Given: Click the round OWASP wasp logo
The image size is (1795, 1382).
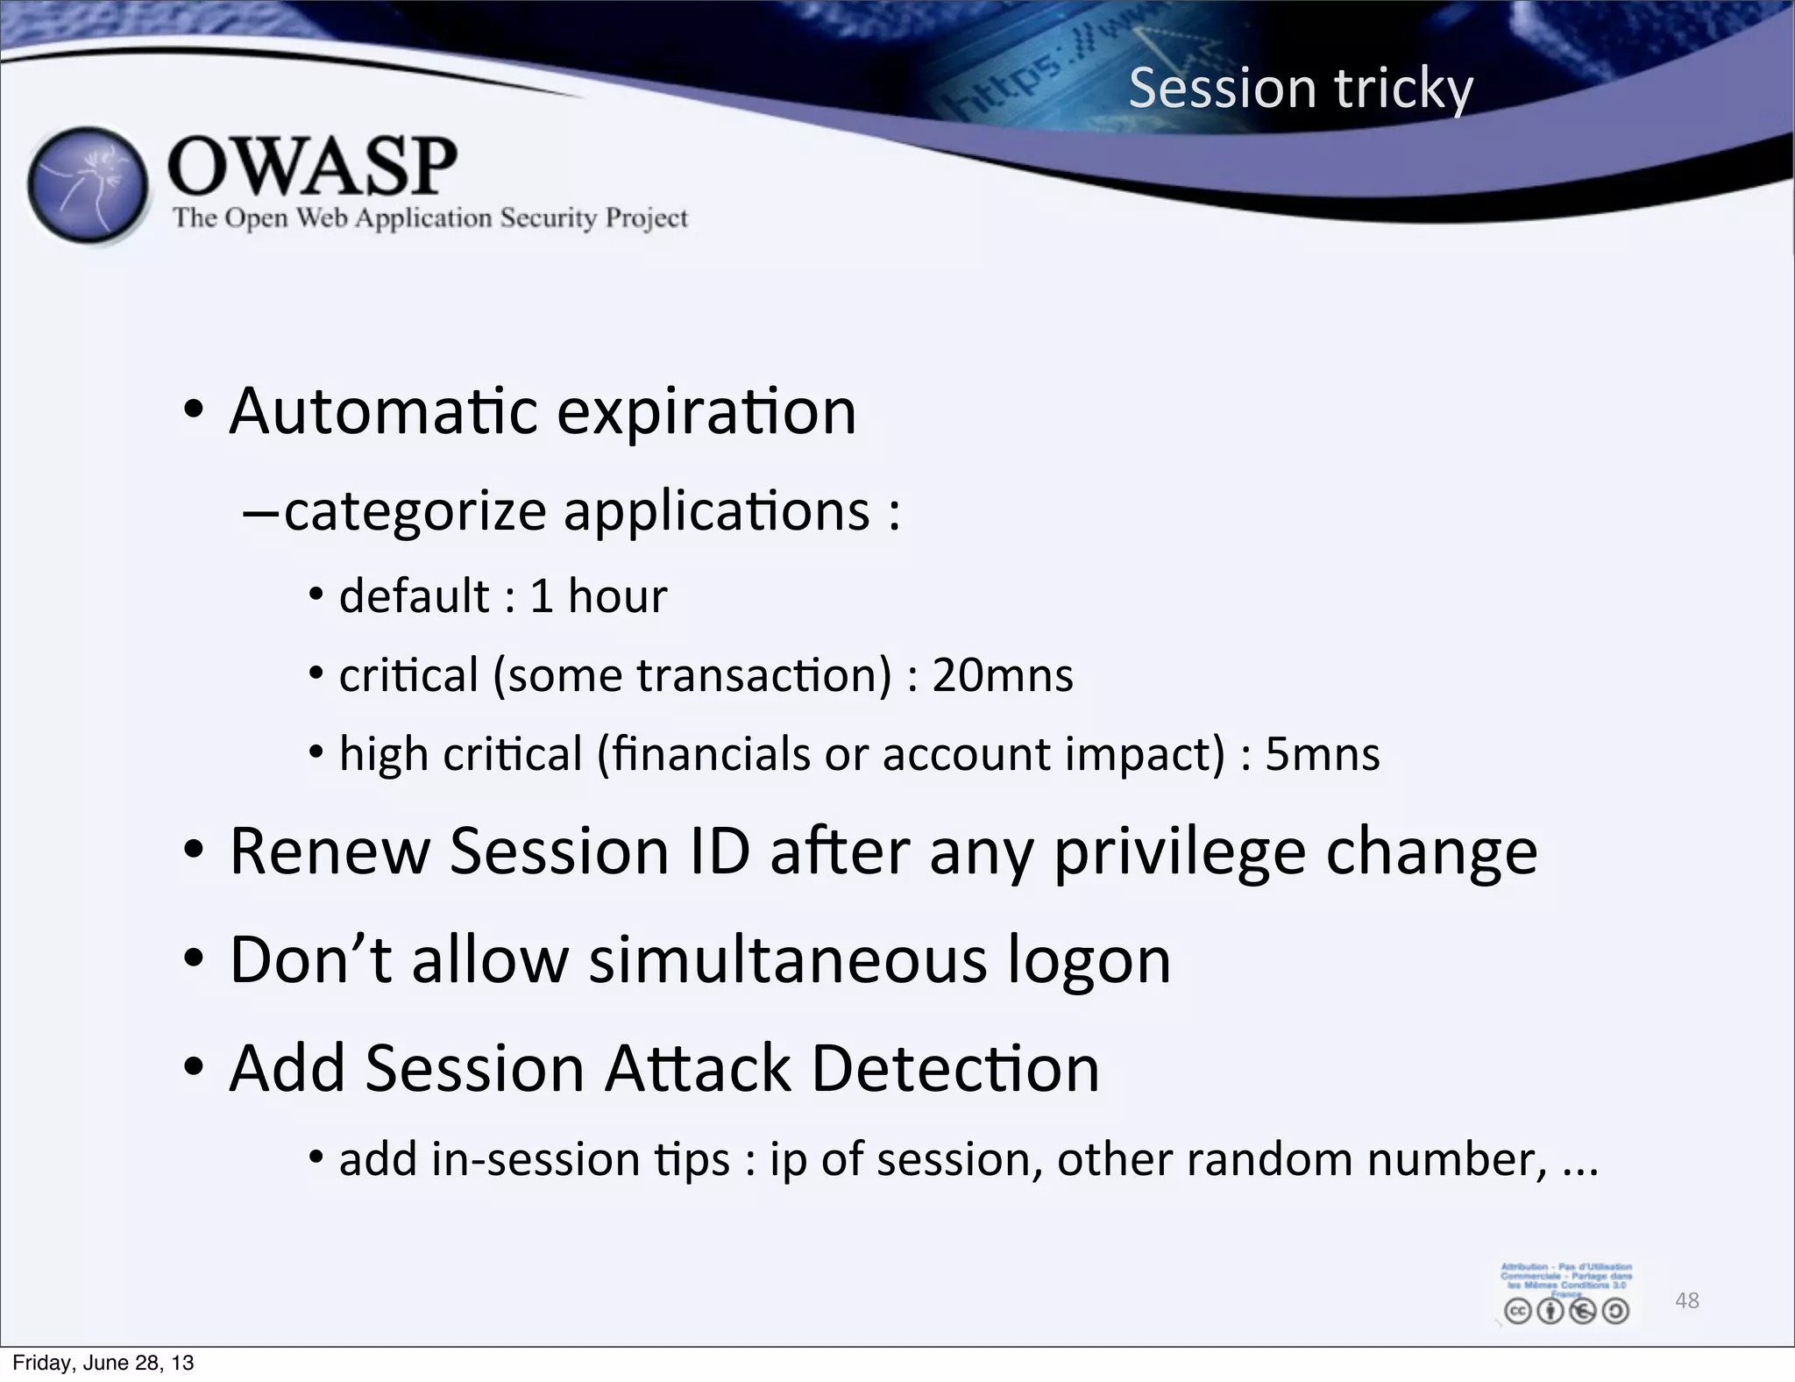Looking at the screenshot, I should (88, 186).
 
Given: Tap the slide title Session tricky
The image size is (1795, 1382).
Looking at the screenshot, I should (1301, 88).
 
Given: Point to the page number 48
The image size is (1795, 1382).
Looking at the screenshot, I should (1686, 1300).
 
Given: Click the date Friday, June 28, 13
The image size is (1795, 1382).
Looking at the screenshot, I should (103, 1362).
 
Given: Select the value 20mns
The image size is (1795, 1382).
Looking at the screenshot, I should (1002, 675).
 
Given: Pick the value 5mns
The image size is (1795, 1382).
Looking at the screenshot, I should (1322, 754).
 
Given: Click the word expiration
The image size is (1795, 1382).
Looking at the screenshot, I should (706, 411).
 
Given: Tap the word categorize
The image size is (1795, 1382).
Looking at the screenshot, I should (415, 511).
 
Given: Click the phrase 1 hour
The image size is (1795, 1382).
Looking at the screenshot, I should (598, 596).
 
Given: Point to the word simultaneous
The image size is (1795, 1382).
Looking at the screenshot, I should (787, 959).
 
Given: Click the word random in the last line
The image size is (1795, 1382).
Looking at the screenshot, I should (1270, 1159).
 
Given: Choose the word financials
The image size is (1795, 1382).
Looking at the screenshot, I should (712, 754).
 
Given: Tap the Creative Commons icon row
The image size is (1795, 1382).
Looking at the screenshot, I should (1565, 1311).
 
